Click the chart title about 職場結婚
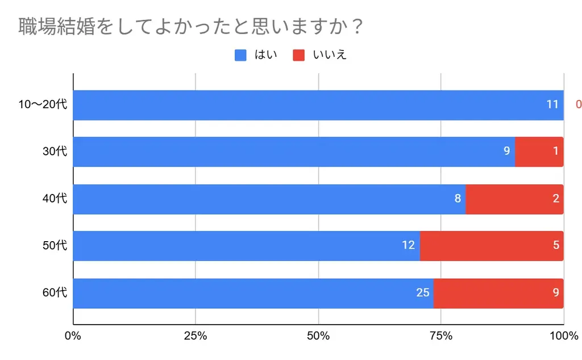pos(191,27)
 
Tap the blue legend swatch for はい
pos(240,55)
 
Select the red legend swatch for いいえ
pos(299,55)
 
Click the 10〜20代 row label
pos(43,105)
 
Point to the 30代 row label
pos(55,152)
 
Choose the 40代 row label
pos(55,198)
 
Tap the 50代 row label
pos(55,246)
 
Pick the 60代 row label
pos(55,293)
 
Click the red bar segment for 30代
pos(539,152)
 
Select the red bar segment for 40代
pos(514,199)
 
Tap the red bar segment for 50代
pos(492,246)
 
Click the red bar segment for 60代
pos(498,293)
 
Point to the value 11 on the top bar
pos(552,105)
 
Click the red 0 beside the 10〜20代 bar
pos(578,105)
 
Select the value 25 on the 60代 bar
pos(422,293)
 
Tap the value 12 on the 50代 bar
pos(409,246)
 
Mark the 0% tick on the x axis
pos(73,336)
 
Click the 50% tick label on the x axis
pos(318,336)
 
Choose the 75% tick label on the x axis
pos(441,336)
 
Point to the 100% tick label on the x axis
pos(563,336)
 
